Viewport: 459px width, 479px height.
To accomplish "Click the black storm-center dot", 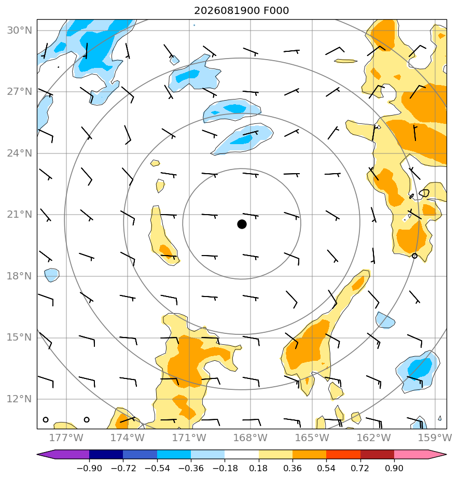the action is (x=242, y=224).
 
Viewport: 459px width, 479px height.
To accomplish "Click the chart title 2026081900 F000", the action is (x=241, y=11).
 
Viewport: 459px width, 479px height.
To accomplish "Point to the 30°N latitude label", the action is (x=19, y=30).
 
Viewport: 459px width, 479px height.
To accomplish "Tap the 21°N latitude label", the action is (x=19, y=215).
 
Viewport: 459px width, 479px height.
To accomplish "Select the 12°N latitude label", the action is (x=19, y=399).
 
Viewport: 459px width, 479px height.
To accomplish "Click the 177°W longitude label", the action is (x=66, y=438).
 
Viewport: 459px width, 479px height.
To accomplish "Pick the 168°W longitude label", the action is (x=251, y=438).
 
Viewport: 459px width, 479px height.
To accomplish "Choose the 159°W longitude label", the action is (x=435, y=438).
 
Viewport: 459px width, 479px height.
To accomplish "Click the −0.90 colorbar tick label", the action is (x=89, y=468).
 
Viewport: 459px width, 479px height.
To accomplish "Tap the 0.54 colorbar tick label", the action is (x=326, y=468).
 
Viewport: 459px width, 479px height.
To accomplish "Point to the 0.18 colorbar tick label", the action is (x=259, y=468).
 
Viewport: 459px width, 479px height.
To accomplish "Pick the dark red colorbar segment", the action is (x=377, y=454).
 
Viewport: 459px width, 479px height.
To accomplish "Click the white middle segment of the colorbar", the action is (x=242, y=454).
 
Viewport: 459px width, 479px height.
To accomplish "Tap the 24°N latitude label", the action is (x=19, y=153).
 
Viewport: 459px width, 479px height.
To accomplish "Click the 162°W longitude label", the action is (x=373, y=438).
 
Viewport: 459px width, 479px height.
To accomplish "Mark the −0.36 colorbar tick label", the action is (x=191, y=468).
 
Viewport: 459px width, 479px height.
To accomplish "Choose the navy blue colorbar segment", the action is (x=106, y=454).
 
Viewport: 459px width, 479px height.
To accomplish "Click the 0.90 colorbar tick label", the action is (x=394, y=468).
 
